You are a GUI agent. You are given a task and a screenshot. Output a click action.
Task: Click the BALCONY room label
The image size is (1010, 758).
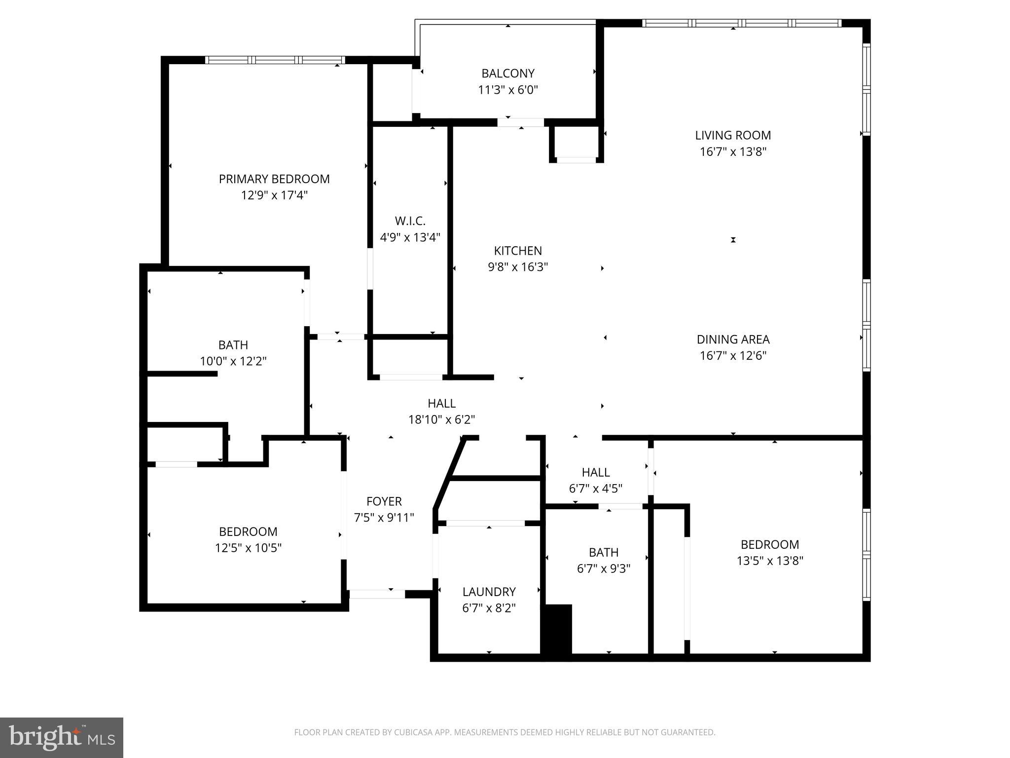(507, 74)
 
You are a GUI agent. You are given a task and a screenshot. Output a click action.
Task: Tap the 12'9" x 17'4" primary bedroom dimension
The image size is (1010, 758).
(274, 195)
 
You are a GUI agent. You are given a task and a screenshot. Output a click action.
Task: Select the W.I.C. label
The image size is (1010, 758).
(410, 221)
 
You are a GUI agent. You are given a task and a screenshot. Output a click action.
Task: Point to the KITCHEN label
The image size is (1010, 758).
(518, 251)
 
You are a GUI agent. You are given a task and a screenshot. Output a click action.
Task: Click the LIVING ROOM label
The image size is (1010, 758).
(733, 135)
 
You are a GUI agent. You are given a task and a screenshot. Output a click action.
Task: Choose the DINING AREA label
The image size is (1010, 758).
(733, 340)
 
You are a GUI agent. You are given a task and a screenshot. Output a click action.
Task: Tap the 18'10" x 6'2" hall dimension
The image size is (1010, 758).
(441, 420)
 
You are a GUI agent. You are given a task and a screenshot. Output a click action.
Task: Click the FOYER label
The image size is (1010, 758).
(384, 501)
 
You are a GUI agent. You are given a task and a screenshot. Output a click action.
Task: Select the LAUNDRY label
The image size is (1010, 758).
(489, 592)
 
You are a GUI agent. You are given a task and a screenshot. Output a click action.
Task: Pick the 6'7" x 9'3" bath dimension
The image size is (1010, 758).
(604, 568)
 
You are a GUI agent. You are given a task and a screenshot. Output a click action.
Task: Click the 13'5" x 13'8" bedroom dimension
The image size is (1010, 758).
(770, 561)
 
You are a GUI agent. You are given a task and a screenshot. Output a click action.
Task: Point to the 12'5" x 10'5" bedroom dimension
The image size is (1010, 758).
(248, 548)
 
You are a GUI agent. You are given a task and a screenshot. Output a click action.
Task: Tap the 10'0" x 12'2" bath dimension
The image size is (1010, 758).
(233, 361)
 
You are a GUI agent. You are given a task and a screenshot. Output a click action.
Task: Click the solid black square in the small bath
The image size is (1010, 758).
(557, 629)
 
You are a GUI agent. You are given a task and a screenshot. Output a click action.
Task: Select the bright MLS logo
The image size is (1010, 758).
(62, 737)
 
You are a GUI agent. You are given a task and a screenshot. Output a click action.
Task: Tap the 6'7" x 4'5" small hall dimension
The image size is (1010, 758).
(596, 489)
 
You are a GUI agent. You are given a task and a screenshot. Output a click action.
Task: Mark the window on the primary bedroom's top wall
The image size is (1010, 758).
(275, 60)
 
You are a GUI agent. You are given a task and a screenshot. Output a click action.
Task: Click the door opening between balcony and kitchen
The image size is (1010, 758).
(520, 122)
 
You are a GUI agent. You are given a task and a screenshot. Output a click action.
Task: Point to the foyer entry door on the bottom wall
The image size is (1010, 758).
(377, 594)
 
